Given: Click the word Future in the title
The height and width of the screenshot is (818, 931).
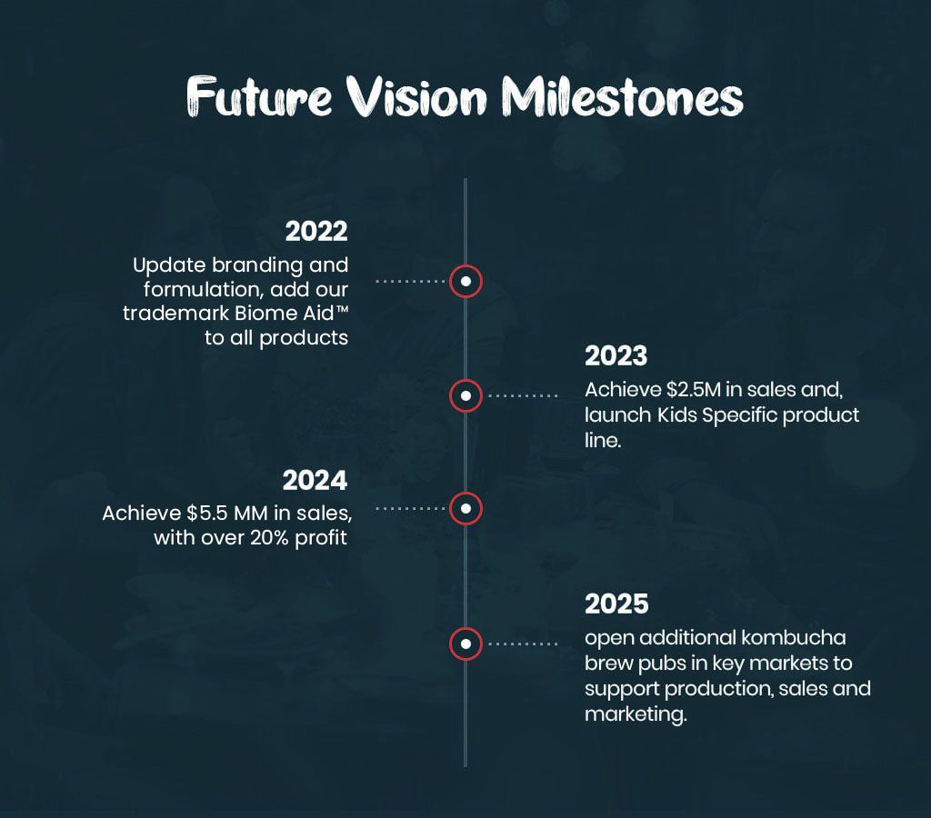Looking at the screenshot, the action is pos(259,96).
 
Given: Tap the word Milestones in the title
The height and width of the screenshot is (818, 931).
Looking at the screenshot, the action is pos(622,96).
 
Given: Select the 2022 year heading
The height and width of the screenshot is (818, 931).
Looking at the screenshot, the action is pos(315,232).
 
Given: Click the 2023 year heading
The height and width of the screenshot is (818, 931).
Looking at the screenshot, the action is pos(616,356).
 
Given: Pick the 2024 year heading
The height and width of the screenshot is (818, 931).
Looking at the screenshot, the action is pos(315,481).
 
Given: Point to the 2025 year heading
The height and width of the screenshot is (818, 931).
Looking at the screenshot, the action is pos(616,604).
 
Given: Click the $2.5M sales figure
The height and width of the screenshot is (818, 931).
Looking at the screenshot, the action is pos(693,390).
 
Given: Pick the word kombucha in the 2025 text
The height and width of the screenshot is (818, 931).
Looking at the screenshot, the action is pos(793,637).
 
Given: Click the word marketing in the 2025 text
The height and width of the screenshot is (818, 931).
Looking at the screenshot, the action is pos(636,714).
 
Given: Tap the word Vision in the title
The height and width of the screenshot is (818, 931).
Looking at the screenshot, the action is pos(416,96).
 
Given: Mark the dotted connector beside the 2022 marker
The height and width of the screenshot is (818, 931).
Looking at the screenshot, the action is pos(410,281).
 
